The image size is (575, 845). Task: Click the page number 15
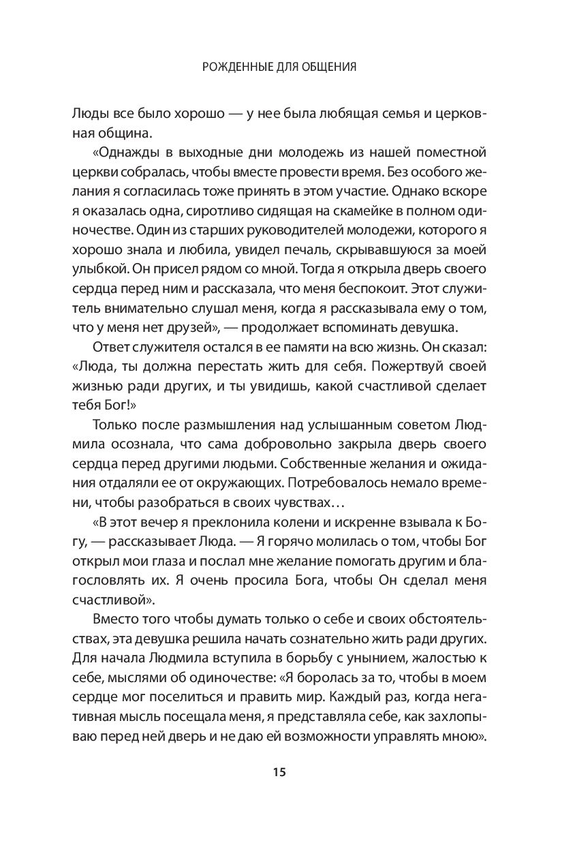pyautogui.click(x=279, y=773)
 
